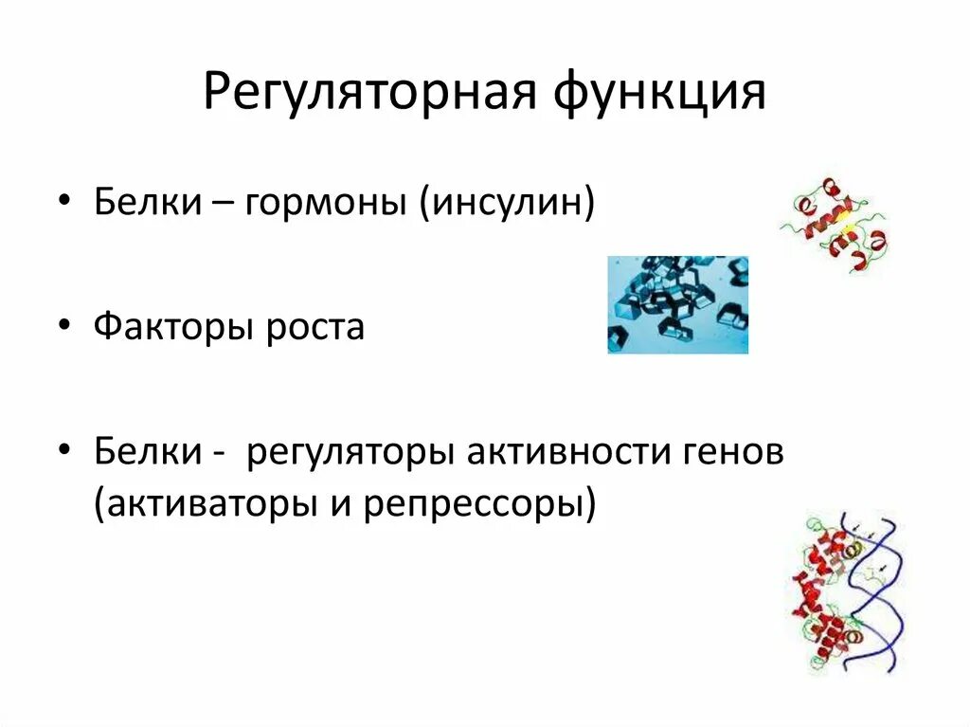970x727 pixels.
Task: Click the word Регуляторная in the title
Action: tap(361, 93)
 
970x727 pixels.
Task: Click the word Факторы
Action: tap(169, 328)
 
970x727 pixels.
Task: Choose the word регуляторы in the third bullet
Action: tap(350, 453)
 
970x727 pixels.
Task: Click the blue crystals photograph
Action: tap(677, 304)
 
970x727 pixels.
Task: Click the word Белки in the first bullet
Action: tap(139, 203)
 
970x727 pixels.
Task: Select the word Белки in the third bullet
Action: tap(139, 453)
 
